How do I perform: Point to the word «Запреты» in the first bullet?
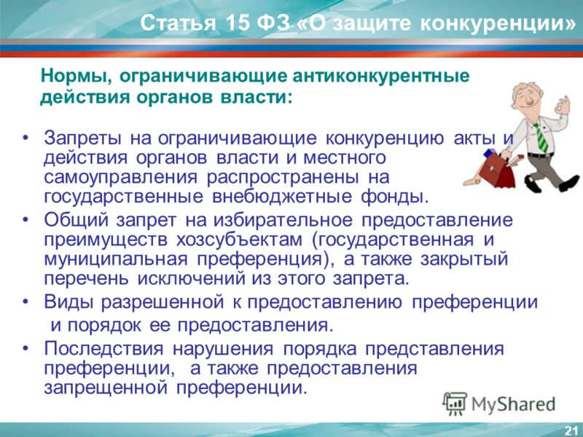coord(82,138)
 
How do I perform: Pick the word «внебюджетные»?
coord(282,197)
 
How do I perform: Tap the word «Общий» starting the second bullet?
coord(76,220)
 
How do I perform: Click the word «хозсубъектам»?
coord(239,240)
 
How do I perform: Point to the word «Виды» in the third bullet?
coord(69,302)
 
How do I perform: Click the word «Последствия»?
coord(103,349)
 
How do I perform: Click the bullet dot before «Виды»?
coord(26,302)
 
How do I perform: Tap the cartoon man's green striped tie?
coord(541,137)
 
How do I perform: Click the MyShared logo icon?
coord(455,403)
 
